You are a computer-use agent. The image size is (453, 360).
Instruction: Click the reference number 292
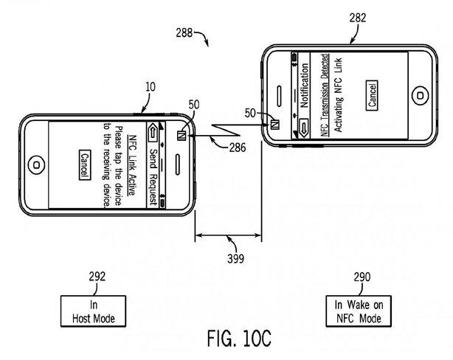(x=97, y=278)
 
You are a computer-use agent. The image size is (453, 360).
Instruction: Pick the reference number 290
(x=356, y=278)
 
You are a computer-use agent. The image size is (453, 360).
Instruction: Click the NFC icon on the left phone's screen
(x=181, y=134)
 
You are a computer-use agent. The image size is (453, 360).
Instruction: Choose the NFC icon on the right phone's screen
(x=274, y=122)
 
